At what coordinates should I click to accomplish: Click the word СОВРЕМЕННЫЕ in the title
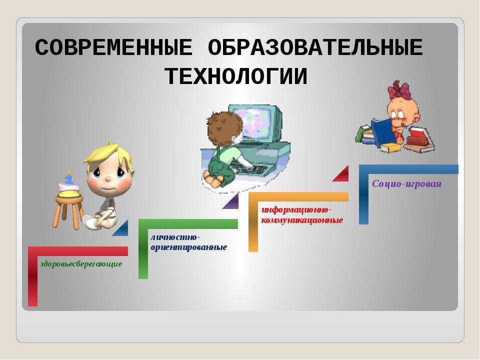113,49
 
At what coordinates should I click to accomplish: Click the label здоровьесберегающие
81,263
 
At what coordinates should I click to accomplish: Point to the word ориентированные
189,247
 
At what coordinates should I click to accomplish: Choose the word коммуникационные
302,220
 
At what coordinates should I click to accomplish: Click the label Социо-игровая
406,184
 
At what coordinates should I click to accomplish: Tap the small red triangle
341,174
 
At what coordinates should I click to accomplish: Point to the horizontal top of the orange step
298,197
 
